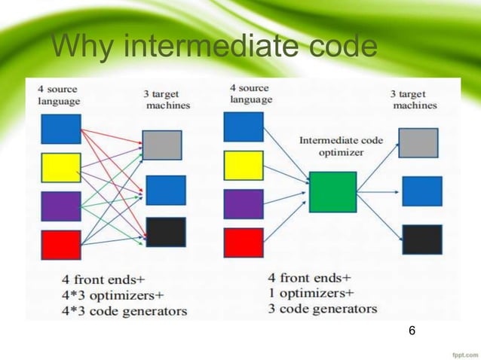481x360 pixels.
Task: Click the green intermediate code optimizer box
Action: click(332, 191)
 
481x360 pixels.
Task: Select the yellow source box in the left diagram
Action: click(61, 167)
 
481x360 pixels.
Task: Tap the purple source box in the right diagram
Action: click(244, 203)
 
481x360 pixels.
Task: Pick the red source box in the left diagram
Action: click(61, 245)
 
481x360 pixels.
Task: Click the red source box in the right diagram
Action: click(244, 243)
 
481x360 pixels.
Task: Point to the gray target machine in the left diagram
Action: click(161, 145)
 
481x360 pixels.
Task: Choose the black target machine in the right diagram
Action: click(421, 239)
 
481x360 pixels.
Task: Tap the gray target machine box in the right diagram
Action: click(418, 142)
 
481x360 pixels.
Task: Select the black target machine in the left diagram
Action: click(165, 232)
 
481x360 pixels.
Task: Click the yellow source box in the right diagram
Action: click(244, 165)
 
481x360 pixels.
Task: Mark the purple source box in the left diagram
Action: click(61, 206)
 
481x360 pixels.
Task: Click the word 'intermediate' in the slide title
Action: click(207, 47)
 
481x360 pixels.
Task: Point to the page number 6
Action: click(412, 331)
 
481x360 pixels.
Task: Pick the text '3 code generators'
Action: click(323, 308)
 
